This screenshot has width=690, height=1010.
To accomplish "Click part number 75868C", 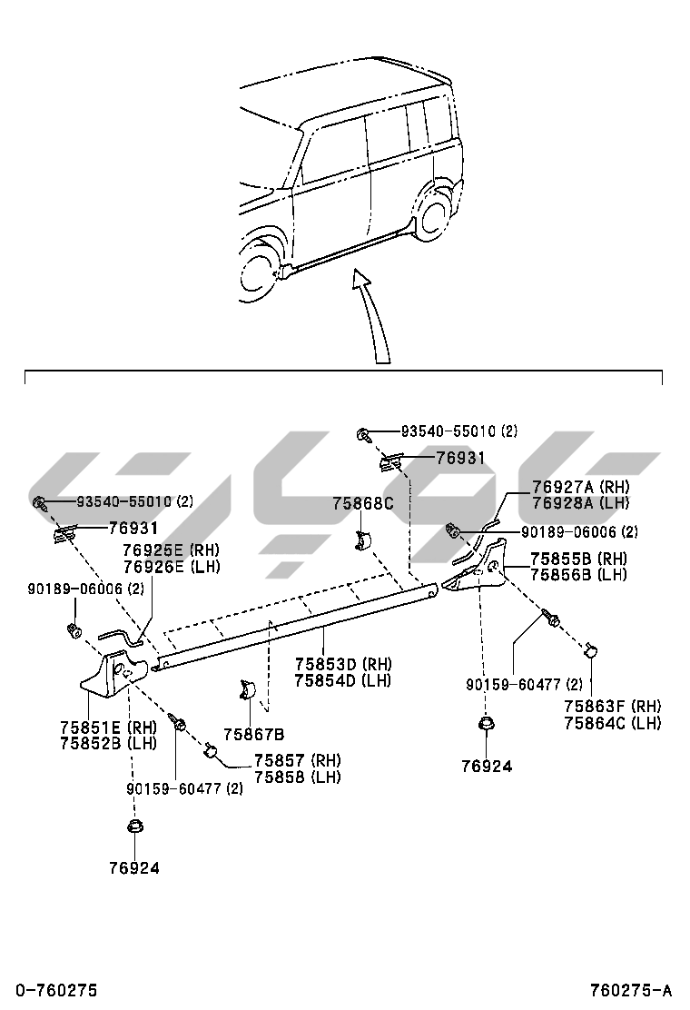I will [x=362, y=502].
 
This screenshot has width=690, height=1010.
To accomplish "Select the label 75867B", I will [x=253, y=734].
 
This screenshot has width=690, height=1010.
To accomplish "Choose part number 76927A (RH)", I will [x=580, y=487].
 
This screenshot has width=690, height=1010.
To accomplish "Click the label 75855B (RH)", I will [x=578, y=559].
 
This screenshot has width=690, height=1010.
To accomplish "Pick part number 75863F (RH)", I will [x=612, y=707].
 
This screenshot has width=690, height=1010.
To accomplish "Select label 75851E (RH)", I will [x=108, y=727].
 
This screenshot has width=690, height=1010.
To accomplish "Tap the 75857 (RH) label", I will [x=297, y=760].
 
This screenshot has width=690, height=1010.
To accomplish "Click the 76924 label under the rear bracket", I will [x=486, y=766].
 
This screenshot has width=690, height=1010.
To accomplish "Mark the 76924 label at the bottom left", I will [x=133, y=867].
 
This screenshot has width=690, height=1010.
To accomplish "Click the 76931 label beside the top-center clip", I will [x=460, y=458].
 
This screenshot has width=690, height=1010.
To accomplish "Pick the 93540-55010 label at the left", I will [x=134, y=501].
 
